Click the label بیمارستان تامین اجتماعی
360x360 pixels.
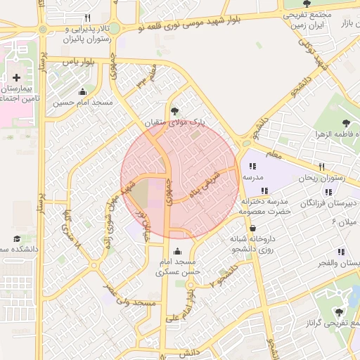[15, 94]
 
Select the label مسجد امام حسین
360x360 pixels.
[83, 103]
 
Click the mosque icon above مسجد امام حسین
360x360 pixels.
[83, 91]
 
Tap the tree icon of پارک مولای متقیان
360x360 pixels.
[174, 110]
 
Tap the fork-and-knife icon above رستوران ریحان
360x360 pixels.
[322, 167]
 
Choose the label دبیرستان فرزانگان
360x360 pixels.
[326, 202]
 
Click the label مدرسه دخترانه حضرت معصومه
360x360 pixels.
[264, 206]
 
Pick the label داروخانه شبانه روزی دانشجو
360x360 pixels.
[253, 244]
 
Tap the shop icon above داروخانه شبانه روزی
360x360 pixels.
[252, 229]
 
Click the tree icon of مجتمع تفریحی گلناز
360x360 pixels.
[340, 311]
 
